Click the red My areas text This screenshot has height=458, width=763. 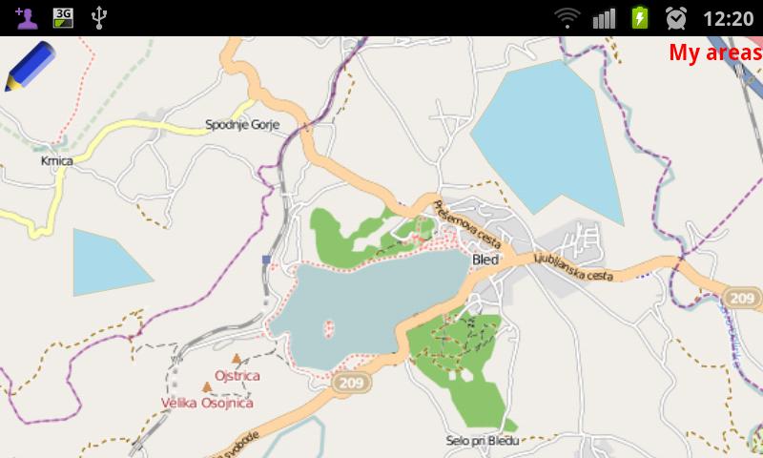coord(714,52)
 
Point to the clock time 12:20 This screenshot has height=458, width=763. coord(728,17)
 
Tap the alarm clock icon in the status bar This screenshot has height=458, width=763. coord(676,17)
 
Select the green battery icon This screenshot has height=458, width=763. coord(639,17)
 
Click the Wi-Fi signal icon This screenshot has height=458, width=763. coord(568,17)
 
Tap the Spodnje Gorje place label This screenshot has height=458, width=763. coord(243,124)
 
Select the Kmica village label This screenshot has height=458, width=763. coord(57,160)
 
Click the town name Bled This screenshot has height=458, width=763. coord(485,259)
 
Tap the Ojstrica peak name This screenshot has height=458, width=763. coord(237,376)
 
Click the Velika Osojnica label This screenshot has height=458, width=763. coord(207,403)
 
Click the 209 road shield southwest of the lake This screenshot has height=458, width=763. coord(348,382)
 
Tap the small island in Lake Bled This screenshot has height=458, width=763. coord(329,327)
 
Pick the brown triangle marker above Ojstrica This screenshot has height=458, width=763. coord(237,359)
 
